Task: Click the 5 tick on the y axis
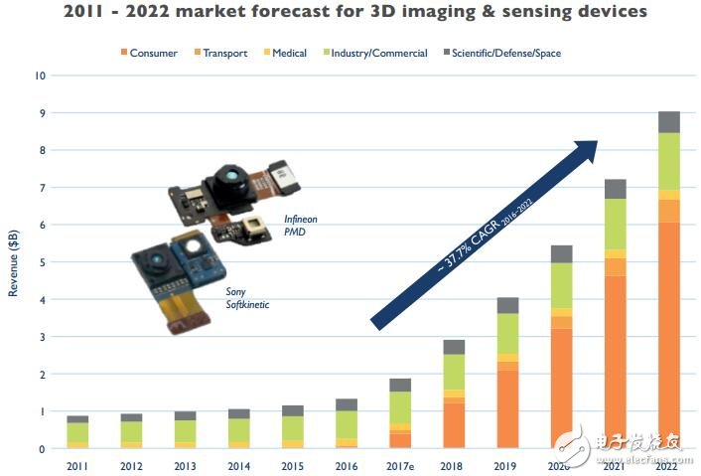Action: tap(41, 262)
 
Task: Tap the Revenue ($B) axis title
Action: tap(13, 262)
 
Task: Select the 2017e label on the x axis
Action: tap(400, 465)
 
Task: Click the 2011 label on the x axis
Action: tap(77, 465)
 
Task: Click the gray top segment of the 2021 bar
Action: tap(615, 189)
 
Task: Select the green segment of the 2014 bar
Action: tap(238, 429)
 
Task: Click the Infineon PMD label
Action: tap(301, 225)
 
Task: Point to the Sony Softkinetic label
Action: tap(242, 298)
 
